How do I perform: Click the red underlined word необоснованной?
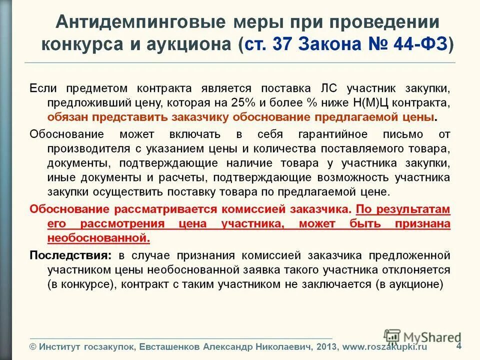tap(99, 238)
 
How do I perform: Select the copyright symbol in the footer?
tap(33, 346)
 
